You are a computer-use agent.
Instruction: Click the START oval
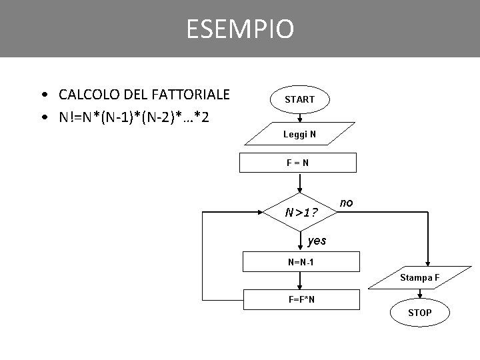pyautogui.click(x=300, y=99)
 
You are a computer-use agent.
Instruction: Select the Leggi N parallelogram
pyautogui.click(x=299, y=135)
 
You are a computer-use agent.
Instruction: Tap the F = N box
pyautogui.click(x=300, y=163)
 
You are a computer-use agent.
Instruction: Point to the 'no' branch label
pyautogui.click(x=346, y=201)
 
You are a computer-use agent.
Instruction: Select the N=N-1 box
pyautogui.click(x=301, y=261)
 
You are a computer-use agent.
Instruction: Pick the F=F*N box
pyautogui.click(x=301, y=299)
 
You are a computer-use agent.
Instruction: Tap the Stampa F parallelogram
pyautogui.click(x=420, y=277)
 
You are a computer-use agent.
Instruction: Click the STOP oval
pyautogui.click(x=419, y=312)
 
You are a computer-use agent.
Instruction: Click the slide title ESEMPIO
pyautogui.click(x=239, y=29)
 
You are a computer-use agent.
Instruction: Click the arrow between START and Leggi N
pyautogui.click(x=300, y=117)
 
